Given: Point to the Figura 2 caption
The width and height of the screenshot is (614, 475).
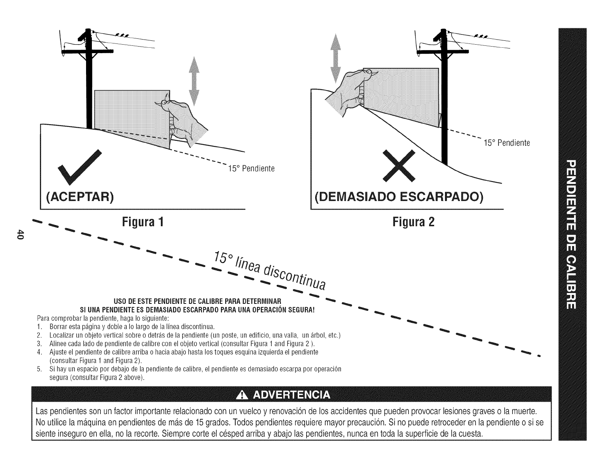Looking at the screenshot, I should pyautogui.click(x=414, y=222).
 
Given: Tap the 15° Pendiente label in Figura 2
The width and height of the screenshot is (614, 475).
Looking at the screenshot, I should pyautogui.click(x=507, y=143).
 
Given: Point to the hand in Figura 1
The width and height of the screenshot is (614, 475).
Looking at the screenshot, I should pyautogui.click(x=186, y=120).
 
